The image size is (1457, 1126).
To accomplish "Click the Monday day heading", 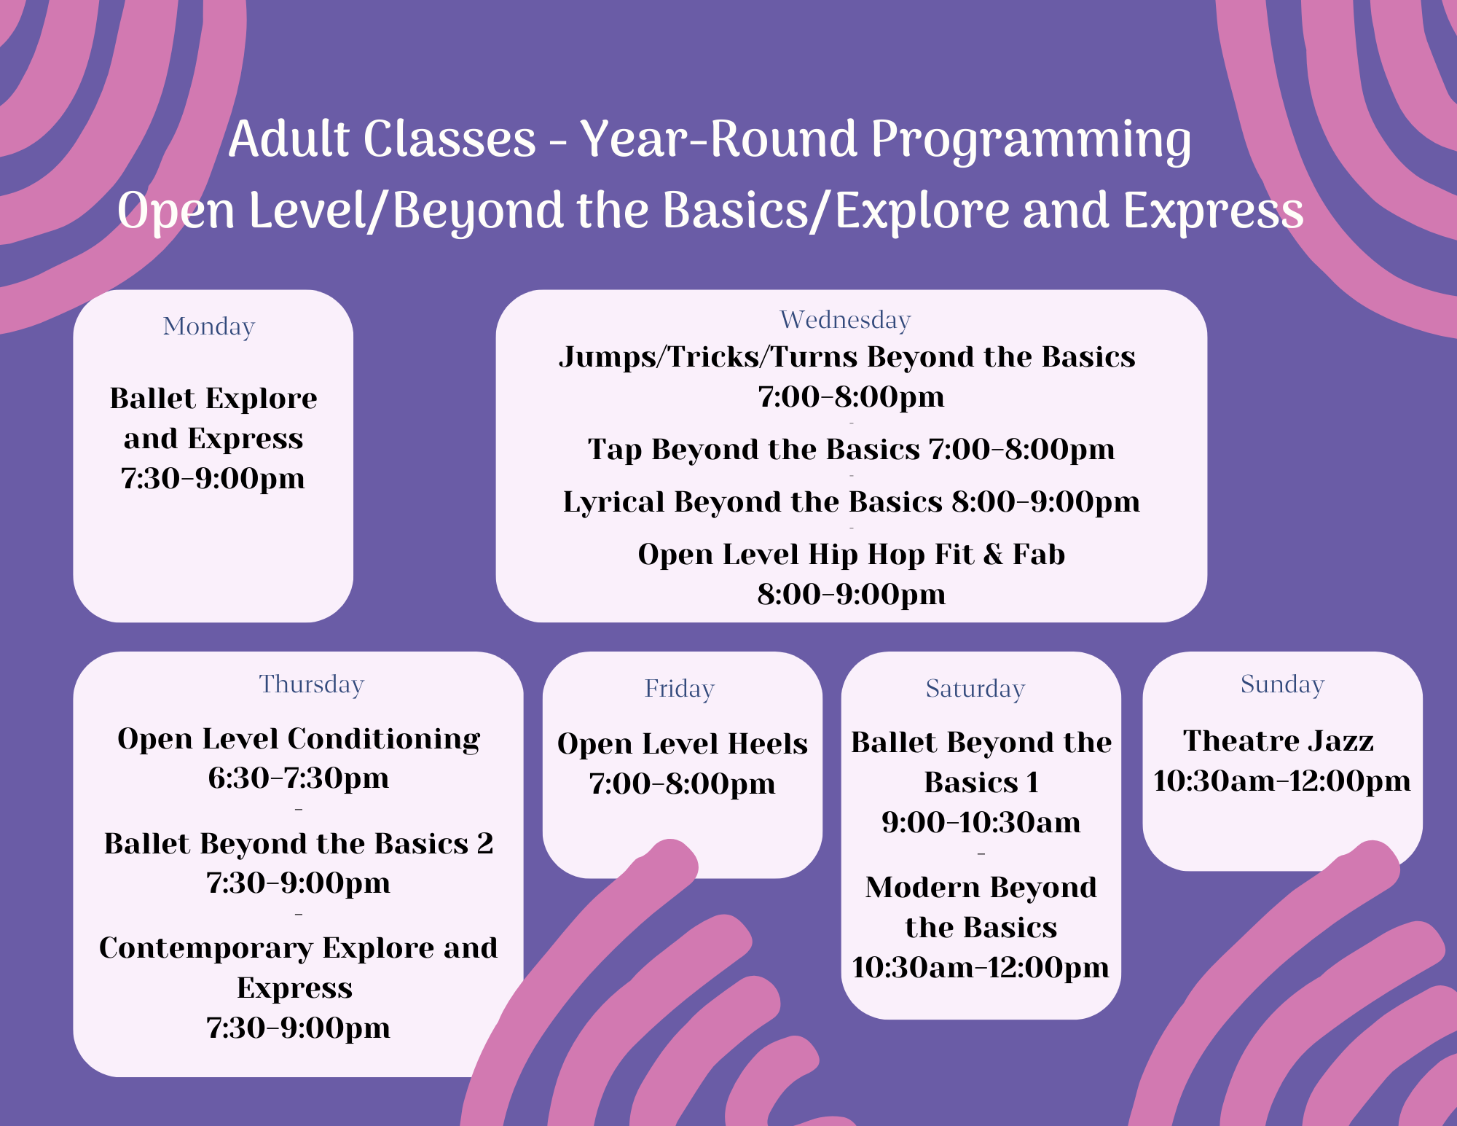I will tap(209, 327).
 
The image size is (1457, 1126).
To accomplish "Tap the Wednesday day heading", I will tap(845, 320).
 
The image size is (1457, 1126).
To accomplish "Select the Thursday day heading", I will tap(312, 684).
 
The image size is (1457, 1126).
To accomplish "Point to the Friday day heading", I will tap(680, 689).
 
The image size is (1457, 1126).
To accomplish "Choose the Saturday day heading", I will tap(975, 689).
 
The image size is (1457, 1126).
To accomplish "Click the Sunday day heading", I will tap(1282, 684).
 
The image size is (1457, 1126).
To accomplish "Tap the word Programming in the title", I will tap(1031, 140).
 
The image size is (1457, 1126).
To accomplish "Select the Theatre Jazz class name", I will tap(1279, 740).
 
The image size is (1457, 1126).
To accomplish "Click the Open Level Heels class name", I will tap(683, 744).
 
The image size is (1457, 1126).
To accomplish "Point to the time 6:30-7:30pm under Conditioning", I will tap(299, 778).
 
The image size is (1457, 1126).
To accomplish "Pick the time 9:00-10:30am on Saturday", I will tap(981, 823).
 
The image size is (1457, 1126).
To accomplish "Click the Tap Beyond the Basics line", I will tap(851, 450).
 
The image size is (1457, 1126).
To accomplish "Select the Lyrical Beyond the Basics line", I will tap(851, 502).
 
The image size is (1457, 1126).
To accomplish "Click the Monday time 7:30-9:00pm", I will tap(213, 479).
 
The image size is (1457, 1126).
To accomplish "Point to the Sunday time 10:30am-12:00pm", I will tap(1282, 781).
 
